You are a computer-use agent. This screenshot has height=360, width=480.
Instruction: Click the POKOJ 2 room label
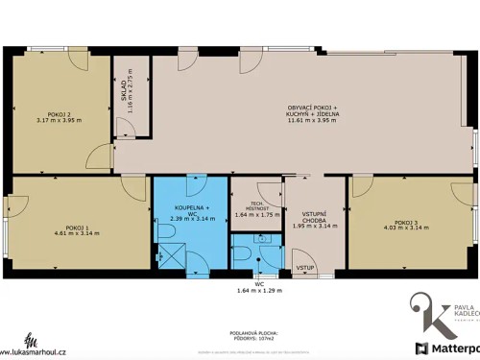pyautogui.click(x=59, y=113)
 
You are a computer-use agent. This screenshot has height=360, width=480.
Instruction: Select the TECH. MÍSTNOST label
pyautogui.click(x=256, y=205)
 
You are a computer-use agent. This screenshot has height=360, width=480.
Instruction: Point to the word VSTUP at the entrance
pyautogui.click(x=305, y=266)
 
